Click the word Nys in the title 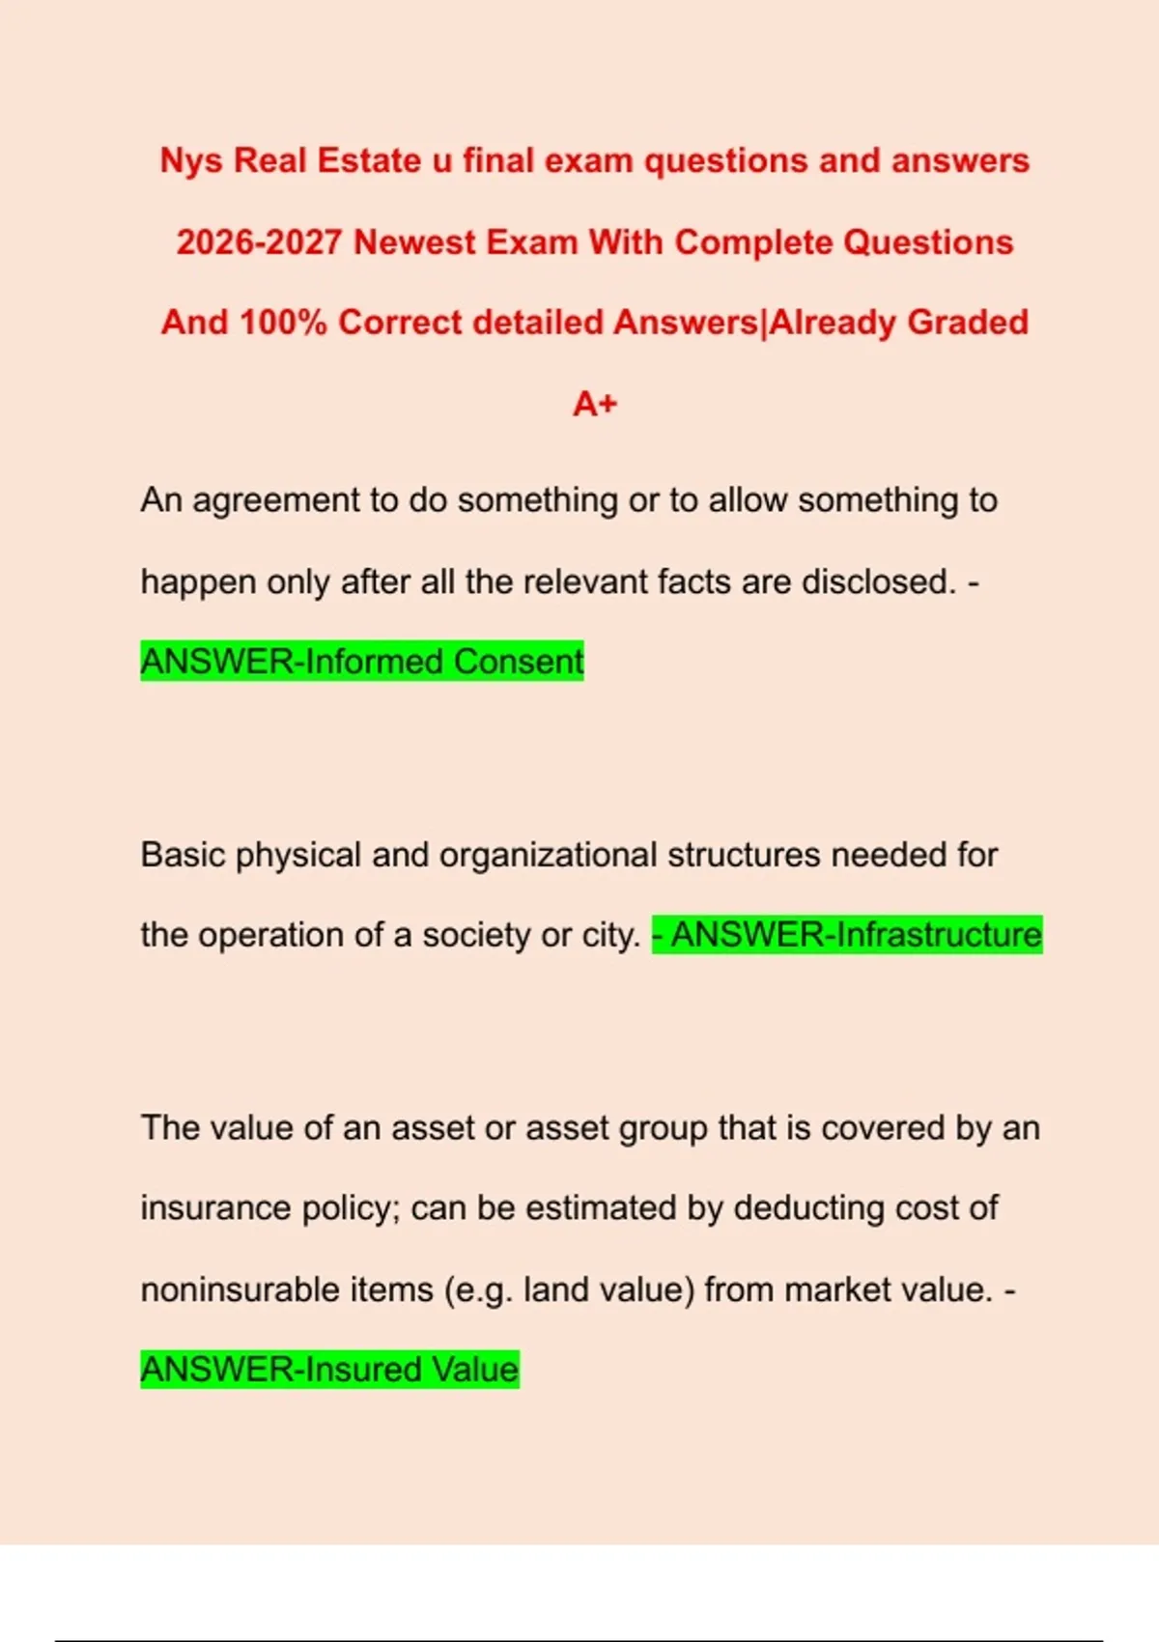[191, 161]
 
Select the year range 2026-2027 [259, 242]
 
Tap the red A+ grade [595, 404]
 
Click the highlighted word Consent [519, 663]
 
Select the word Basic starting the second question [183, 856]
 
